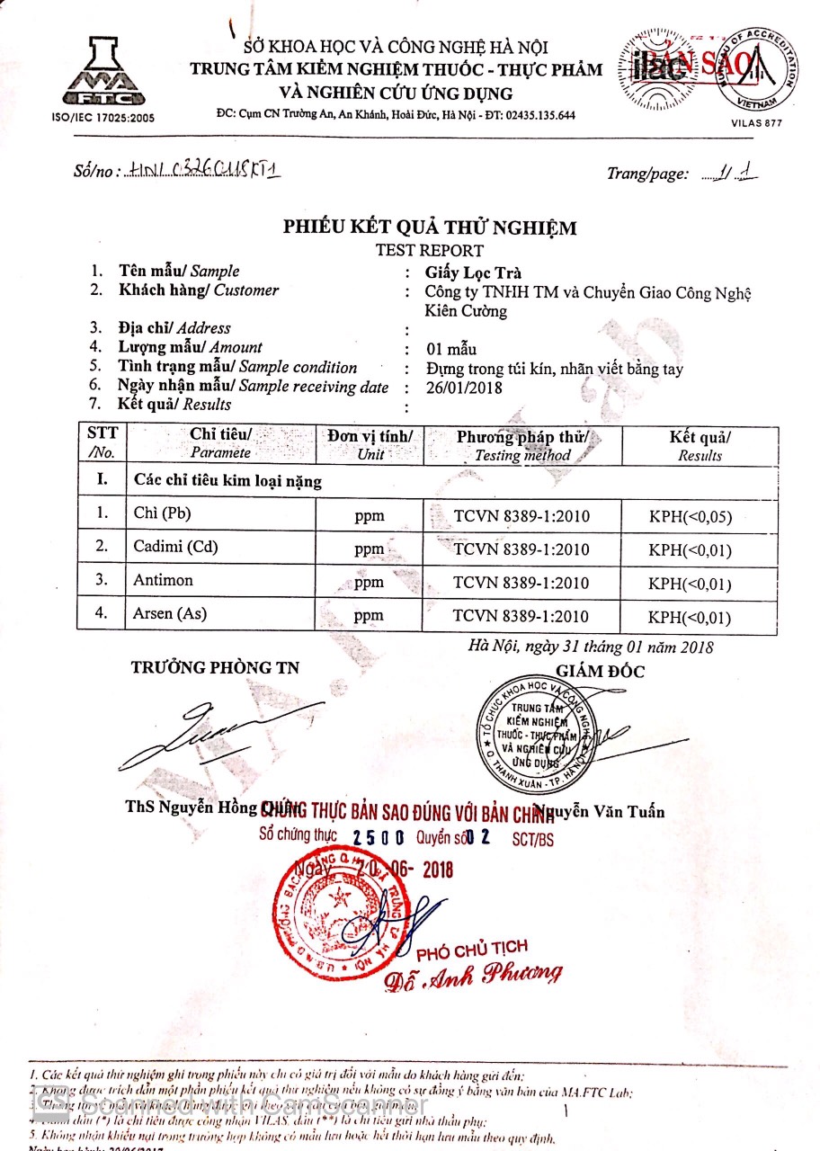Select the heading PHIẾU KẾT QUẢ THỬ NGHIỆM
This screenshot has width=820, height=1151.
coord(430,228)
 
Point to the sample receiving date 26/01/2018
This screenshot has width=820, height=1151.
coord(466,388)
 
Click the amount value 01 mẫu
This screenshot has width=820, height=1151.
coord(452,349)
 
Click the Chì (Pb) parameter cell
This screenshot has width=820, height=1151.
coord(162,513)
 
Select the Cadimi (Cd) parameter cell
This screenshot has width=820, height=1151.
coord(175,547)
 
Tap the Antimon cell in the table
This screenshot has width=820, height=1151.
coord(163,580)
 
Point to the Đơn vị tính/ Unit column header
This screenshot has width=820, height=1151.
coord(370,444)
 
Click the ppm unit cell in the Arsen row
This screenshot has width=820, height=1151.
coord(369,616)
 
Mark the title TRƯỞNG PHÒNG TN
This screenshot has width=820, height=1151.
coord(215,667)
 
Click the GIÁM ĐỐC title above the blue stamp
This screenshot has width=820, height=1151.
coord(600,671)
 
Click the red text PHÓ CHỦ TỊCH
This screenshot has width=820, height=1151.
coord(472,950)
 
